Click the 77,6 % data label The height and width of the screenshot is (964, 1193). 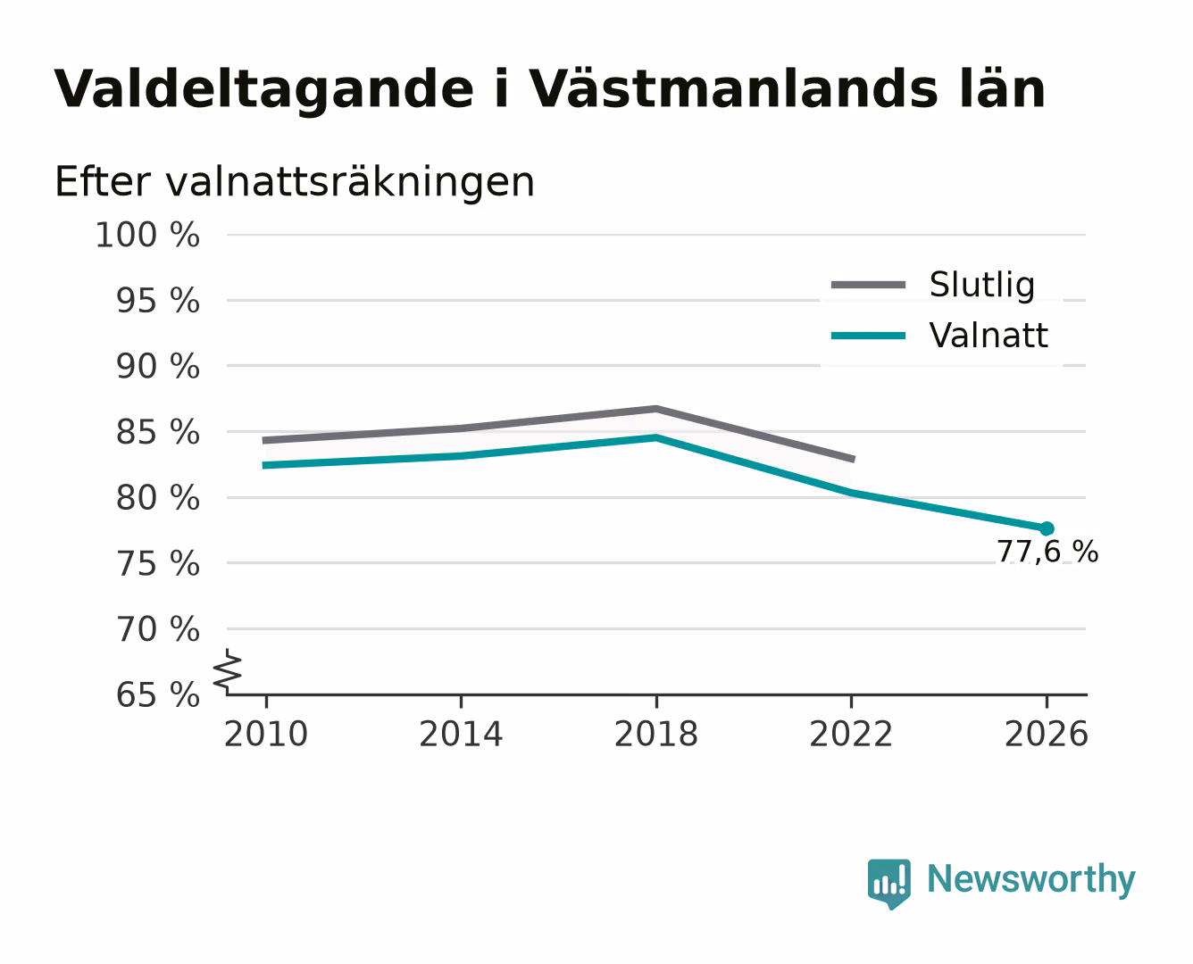(x=1047, y=552)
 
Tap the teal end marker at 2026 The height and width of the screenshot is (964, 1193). (x=1047, y=528)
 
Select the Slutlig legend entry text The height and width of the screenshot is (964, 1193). (x=982, y=286)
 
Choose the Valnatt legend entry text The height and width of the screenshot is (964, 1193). (x=989, y=336)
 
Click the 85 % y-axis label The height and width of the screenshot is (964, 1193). (x=158, y=433)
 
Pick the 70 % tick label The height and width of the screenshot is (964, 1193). (x=158, y=630)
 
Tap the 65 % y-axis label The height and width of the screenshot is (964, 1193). (x=158, y=696)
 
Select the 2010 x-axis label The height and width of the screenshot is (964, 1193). (x=266, y=734)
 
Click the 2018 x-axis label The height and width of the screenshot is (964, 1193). (x=656, y=734)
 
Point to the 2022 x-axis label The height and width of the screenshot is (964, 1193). (x=851, y=734)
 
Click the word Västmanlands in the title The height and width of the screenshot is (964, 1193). (x=733, y=89)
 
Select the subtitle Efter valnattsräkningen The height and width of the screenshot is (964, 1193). (x=295, y=182)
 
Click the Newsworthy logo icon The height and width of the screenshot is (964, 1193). (x=889, y=884)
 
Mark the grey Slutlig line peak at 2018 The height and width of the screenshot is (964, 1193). (x=656, y=409)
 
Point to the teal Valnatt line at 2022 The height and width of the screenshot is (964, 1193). (x=851, y=493)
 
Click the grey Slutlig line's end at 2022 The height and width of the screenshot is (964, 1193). (x=854, y=460)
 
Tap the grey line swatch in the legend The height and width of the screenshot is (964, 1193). (x=868, y=285)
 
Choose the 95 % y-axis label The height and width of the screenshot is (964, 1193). (x=158, y=301)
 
